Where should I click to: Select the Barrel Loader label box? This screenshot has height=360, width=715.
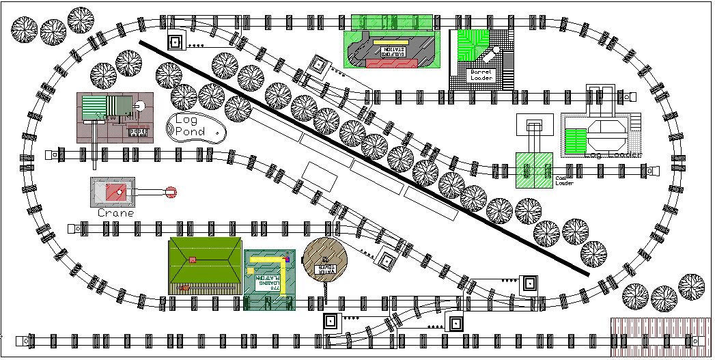click(x=481, y=74)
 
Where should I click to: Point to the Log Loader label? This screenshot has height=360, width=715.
click(x=613, y=155)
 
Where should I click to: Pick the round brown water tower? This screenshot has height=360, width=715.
click(x=325, y=258)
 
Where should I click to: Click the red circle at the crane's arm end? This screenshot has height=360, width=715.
click(x=171, y=193)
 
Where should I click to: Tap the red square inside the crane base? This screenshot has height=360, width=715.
click(x=113, y=192)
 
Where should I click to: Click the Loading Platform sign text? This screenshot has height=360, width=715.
click(x=269, y=282)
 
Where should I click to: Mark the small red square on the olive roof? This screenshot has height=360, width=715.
click(x=193, y=260)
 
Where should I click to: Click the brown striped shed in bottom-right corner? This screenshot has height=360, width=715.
click(x=659, y=337)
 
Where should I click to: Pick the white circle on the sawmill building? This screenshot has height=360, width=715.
click(x=138, y=106)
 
